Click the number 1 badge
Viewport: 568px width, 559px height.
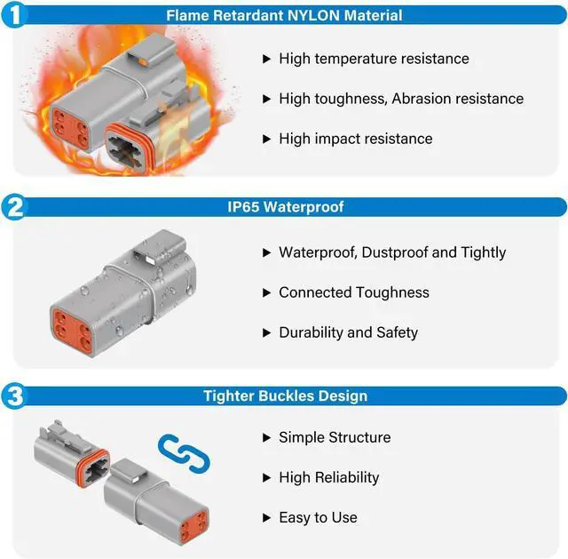15,15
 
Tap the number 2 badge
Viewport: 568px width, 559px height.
15,207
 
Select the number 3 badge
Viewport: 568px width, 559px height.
15,396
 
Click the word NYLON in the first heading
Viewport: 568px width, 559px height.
302,15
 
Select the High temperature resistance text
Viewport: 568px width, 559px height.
374,59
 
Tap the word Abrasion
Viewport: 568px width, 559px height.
430,99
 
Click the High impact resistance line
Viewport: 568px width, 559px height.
355,139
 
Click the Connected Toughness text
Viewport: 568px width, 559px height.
353,292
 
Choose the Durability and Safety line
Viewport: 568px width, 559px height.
348,332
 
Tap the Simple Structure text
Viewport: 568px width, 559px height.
334,437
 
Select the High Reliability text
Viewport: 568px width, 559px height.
328,477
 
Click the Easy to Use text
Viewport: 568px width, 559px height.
318,517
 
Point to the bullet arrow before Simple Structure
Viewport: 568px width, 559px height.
266,437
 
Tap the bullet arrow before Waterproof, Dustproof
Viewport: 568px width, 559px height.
266,252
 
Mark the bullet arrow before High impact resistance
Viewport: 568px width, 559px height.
266,139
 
